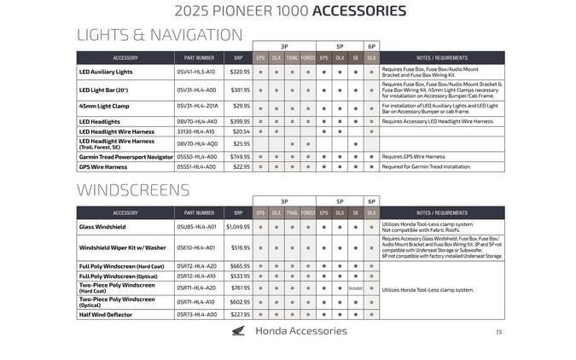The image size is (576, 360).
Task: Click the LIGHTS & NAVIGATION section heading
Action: (160, 35)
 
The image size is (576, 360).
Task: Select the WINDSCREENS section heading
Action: (133, 189)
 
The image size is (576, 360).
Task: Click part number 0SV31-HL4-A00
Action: (196, 90)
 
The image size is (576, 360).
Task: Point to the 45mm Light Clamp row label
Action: (104, 107)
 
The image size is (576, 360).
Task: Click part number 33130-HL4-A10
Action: (195, 131)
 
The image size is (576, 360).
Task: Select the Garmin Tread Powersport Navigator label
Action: (126, 157)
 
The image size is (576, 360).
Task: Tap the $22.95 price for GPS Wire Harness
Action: (241, 166)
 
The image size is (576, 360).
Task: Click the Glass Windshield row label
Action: (102, 227)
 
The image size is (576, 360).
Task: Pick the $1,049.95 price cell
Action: (237, 227)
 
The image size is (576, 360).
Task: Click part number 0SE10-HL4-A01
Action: (195, 247)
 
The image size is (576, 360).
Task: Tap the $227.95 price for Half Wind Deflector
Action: (240, 314)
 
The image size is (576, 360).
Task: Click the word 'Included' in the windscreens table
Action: (355, 288)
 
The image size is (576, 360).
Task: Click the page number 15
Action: (498, 333)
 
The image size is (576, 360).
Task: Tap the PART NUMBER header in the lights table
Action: (199, 58)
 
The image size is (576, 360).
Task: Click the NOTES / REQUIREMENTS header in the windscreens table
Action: (441, 212)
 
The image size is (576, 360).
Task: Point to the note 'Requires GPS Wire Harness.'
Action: (414, 157)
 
